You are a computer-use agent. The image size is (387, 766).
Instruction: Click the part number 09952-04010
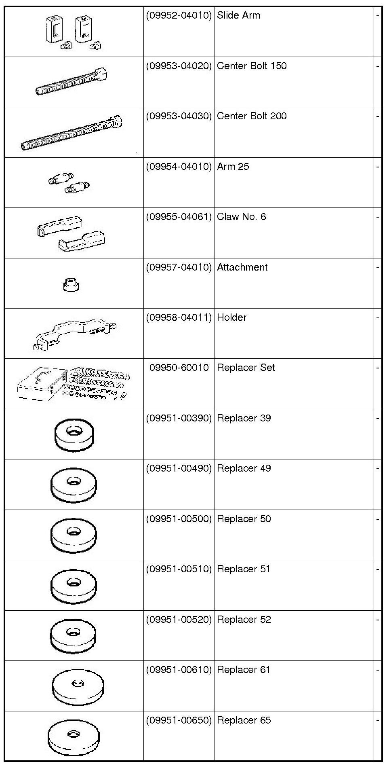point(179,16)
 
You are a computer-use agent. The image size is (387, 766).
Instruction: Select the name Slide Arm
point(238,16)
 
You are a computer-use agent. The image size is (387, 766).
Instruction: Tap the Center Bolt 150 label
point(252,66)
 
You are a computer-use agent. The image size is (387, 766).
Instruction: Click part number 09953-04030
point(179,116)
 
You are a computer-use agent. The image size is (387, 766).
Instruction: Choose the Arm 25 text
point(233,167)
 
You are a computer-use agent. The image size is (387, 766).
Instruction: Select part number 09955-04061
point(179,217)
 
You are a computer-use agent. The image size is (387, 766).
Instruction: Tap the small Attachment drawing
point(71,284)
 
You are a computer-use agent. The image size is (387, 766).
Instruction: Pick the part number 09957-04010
point(179,267)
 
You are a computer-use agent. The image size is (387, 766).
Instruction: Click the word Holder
point(231,317)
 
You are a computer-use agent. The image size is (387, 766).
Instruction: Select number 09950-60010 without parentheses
point(179,368)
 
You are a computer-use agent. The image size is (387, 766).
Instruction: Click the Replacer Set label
point(246,368)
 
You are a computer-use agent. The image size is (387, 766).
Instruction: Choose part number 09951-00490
point(179,468)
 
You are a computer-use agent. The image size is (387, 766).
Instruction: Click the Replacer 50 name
point(244,519)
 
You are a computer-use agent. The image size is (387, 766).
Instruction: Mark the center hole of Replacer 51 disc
point(73,582)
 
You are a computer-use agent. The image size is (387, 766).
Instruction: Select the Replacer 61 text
point(244,670)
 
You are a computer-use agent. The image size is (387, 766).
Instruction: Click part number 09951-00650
point(179,720)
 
